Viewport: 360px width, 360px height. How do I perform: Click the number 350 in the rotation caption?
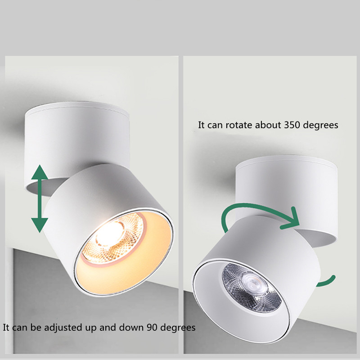292,125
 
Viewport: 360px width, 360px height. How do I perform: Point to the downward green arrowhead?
40,225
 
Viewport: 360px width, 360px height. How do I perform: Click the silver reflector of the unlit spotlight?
252,288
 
